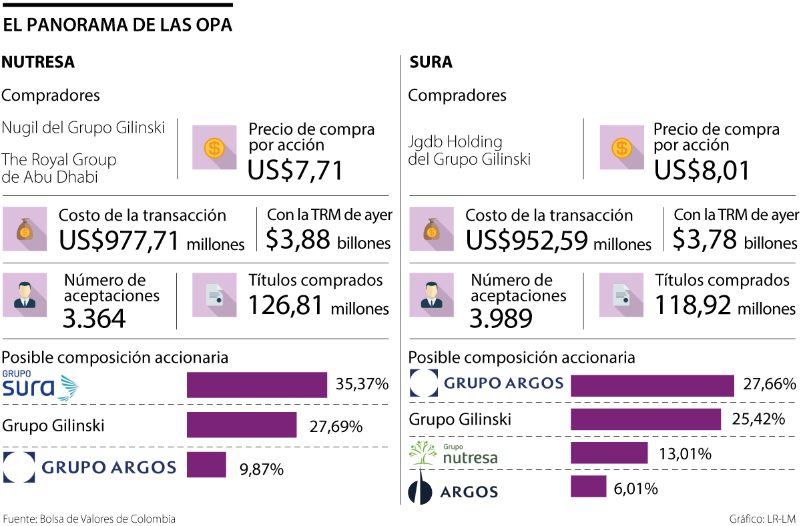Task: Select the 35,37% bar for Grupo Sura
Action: tap(256, 385)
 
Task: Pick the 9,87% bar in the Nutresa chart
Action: tap(206, 465)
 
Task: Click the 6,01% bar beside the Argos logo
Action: tap(588, 486)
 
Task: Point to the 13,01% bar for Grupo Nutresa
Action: tap(609, 453)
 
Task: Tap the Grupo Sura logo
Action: tap(40, 385)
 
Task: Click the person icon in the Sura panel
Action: tap(431, 295)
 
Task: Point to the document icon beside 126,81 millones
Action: tap(214, 295)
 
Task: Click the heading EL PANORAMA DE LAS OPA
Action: tap(117, 25)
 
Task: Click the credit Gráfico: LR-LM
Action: tap(762, 519)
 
